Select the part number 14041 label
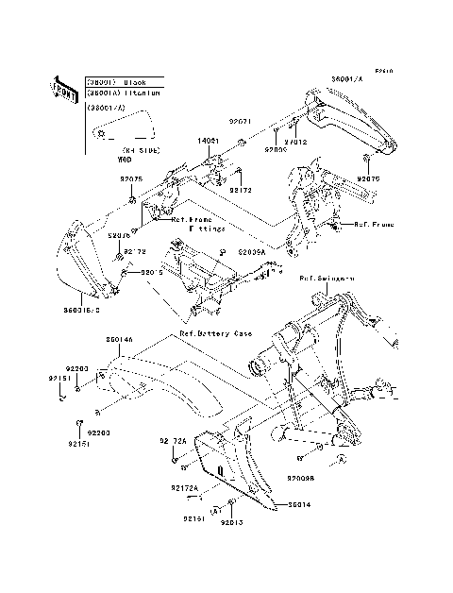[208, 141]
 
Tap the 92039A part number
[252, 253]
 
